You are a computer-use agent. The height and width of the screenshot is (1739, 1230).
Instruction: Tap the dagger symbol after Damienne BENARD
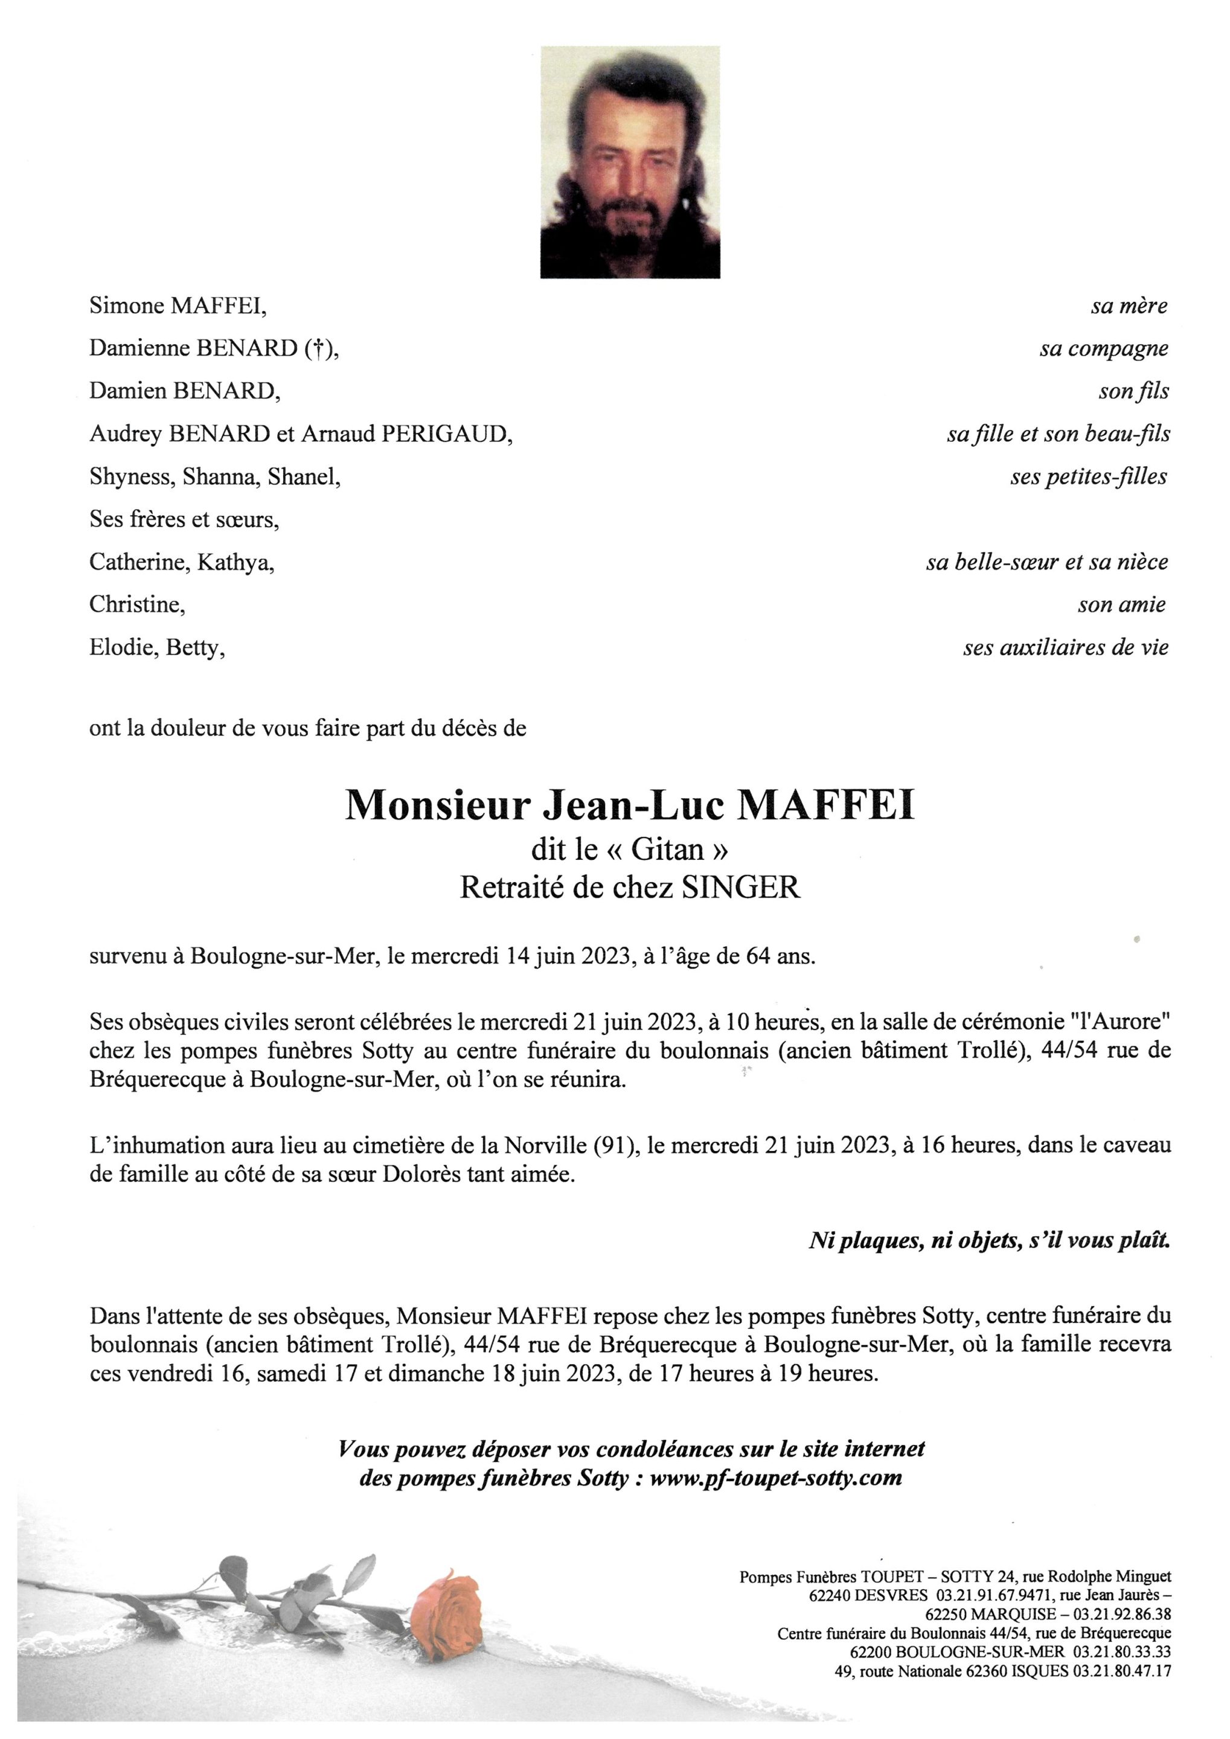tap(318, 348)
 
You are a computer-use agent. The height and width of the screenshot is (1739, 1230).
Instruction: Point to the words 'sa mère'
tap(1129, 306)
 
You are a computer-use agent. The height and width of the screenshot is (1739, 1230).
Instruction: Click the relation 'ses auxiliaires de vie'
tap(1066, 647)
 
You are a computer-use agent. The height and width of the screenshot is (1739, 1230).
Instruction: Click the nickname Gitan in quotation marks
tap(667, 850)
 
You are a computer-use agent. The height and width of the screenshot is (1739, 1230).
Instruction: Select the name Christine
tap(136, 604)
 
